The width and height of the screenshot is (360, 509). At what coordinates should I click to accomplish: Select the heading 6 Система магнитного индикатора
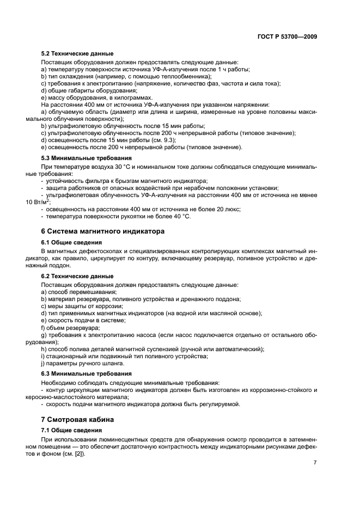click(103, 231)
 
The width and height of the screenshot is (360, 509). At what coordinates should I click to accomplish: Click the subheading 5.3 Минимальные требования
click(78, 158)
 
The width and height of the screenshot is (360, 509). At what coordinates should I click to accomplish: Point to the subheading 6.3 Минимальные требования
click(78, 373)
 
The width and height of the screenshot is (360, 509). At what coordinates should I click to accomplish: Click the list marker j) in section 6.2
click(44, 363)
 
